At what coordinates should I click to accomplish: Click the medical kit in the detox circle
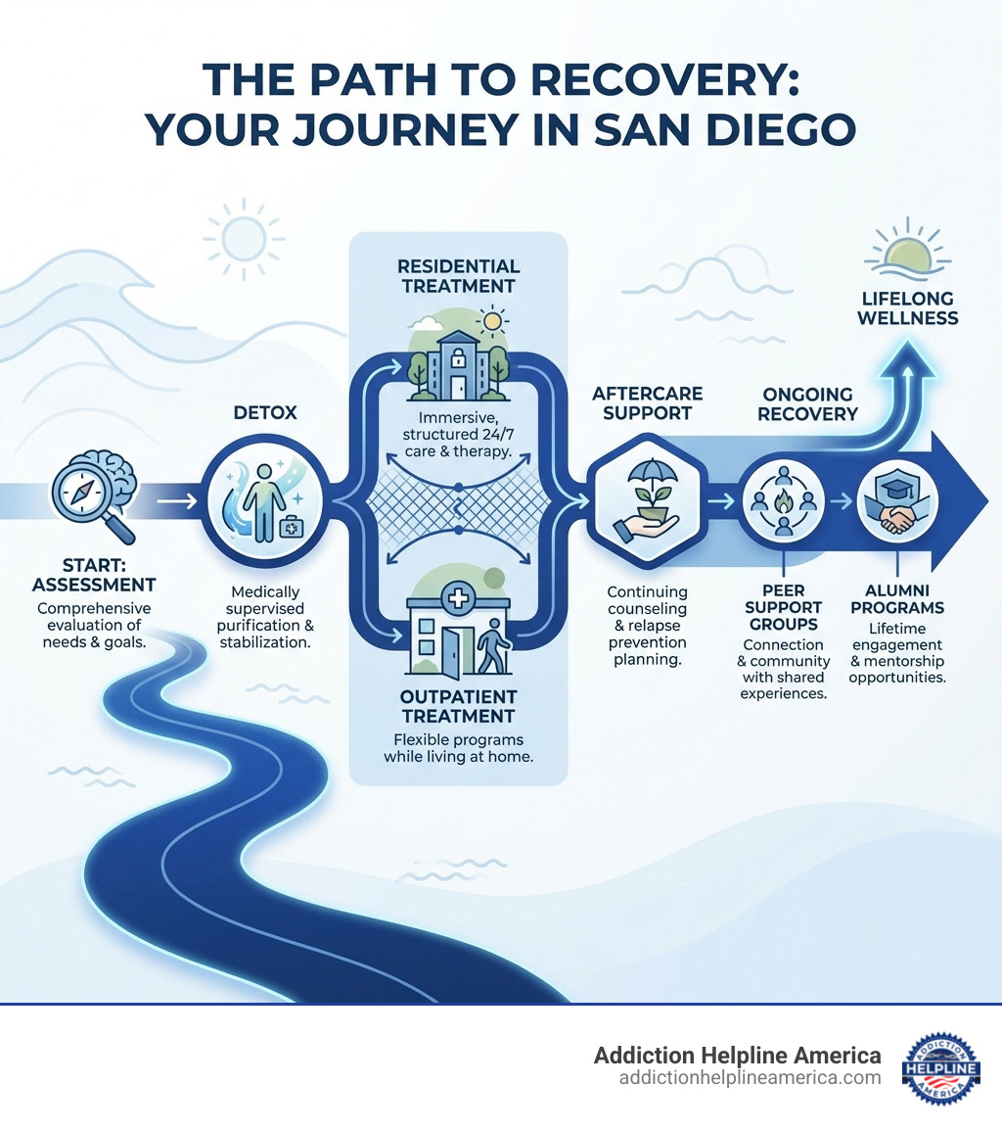click(x=291, y=527)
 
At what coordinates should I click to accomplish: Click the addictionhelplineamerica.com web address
click(x=750, y=1078)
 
